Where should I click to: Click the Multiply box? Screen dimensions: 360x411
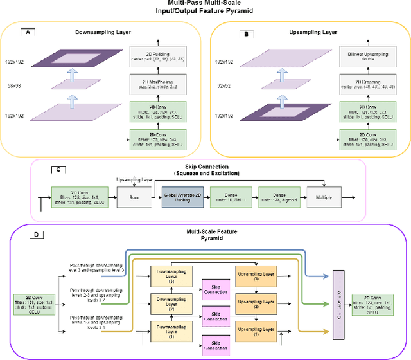[x=324, y=196]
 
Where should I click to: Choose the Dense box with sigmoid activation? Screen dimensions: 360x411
[x=278, y=196]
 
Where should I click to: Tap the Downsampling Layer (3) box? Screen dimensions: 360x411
[x=171, y=276]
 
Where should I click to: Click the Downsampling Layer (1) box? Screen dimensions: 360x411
[x=171, y=331]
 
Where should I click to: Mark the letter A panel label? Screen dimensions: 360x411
[x=28, y=31]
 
